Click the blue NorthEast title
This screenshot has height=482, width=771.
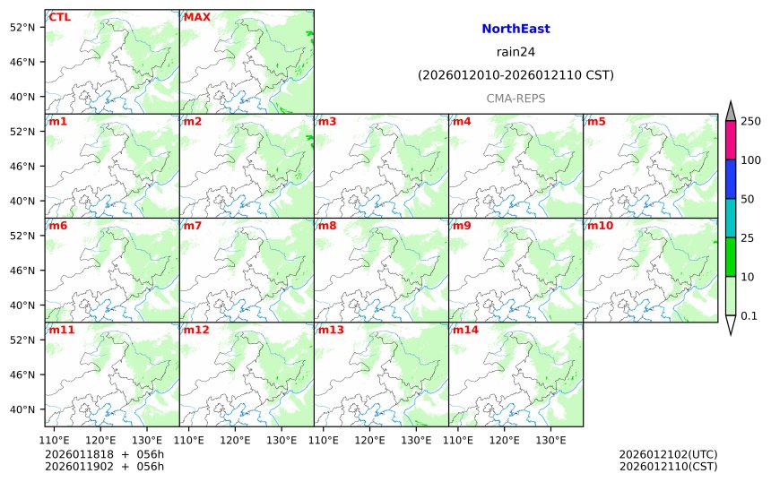515,29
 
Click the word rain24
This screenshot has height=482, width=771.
515,52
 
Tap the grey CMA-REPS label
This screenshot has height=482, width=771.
515,99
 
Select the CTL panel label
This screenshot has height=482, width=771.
60,17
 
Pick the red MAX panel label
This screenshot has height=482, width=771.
196,17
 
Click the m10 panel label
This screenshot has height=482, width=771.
600,226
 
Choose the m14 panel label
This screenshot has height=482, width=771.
465,330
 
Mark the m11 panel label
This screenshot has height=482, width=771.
62,330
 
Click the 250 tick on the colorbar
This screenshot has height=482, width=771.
750,121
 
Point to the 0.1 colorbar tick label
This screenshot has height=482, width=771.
749,315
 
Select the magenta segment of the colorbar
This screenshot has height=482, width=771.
731,140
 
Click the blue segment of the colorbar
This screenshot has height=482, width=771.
731,179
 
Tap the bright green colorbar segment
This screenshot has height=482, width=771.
731,257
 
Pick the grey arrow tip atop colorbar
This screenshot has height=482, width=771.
731,110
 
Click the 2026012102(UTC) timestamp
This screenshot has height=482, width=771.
668,454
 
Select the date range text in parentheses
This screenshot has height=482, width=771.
515,75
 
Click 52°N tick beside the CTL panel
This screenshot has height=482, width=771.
21,27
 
